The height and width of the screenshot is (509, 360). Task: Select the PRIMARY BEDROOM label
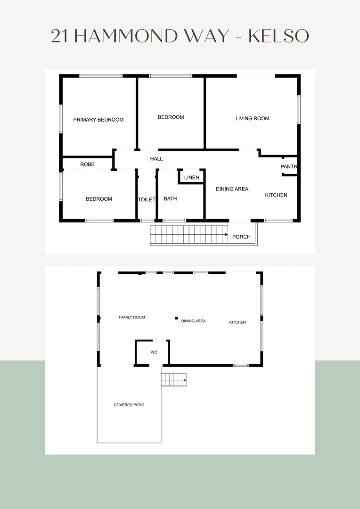[x=98, y=120]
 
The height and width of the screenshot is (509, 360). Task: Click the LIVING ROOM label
[x=252, y=118]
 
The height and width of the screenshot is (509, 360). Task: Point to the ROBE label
[x=87, y=164]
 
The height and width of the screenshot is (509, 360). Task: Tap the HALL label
[x=156, y=159]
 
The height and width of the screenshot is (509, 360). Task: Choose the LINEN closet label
[x=191, y=178]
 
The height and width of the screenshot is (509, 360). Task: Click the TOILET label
[x=147, y=200]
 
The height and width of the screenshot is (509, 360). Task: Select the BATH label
[x=170, y=199]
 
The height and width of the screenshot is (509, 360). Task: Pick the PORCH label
[x=241, y=237]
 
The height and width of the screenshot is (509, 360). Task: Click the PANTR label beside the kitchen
[x=289, y=167]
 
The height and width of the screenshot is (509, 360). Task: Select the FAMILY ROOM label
[x=132, y=317]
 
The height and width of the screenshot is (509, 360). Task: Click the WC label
[x=154, y=353]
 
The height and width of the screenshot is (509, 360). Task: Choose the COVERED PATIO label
[x=129, y=405]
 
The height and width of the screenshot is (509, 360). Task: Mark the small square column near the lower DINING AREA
[x=176, y=318]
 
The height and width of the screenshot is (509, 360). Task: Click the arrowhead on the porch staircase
[x=227, y=235]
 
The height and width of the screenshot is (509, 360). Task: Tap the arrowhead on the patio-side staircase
[x=185, y=380]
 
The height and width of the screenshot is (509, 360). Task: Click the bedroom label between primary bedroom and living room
[x=171, y=117]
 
